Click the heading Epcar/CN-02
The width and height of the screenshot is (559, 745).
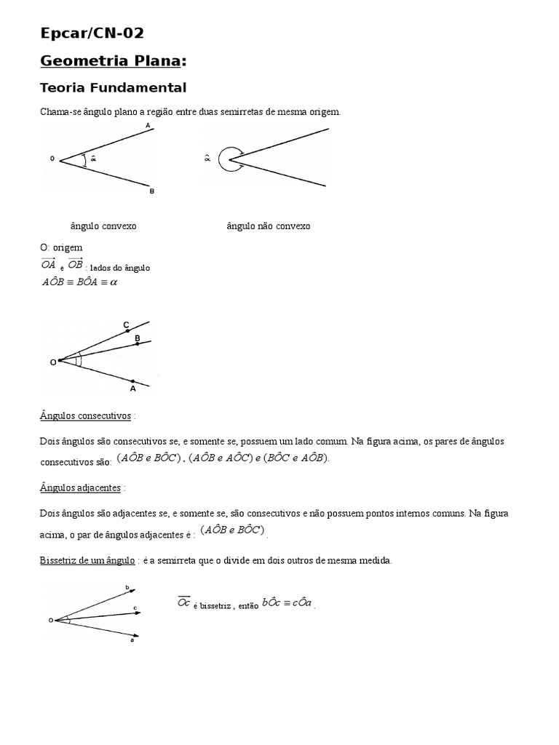[x=92, y=33]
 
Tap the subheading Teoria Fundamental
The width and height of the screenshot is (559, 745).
[x=113, y=88]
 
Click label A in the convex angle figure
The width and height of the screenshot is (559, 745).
[x=148, y=126]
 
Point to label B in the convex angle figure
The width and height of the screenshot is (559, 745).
[x=151, y=191]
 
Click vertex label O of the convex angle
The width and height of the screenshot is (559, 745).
[x=52, y=158]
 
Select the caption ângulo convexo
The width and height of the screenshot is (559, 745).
[x=103, y=226]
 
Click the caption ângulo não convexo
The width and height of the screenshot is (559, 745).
[x=268, y=226]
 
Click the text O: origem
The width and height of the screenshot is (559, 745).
[x=62, y=247]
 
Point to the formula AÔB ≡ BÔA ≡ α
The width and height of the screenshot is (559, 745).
[x=79, y=282]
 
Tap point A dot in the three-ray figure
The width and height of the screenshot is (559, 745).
[x=132, y=381]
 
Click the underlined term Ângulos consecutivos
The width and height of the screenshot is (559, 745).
[x=86, y=415]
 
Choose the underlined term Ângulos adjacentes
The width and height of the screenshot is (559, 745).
[x=81, y=487]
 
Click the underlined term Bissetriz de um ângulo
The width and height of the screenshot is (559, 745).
[x=87, y=560]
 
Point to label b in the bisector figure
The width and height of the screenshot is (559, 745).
[x=127, y=587]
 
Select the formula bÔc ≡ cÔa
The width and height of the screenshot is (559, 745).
[x=288, y=602]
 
